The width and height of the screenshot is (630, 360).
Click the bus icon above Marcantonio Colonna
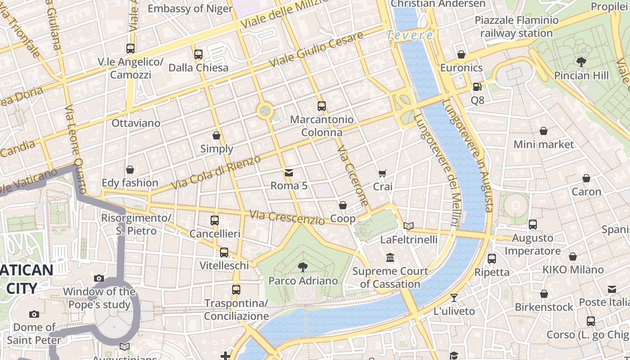coord(321,106)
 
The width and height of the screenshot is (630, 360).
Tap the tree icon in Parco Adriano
coord(303,267)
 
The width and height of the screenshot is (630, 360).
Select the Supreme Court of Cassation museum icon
coord(390,258)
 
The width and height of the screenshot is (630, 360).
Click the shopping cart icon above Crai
coord(382,173)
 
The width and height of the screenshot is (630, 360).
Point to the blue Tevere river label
coord(410,35)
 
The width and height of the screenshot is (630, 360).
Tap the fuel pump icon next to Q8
coord(477,86)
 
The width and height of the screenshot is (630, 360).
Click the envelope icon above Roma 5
coord(288,172)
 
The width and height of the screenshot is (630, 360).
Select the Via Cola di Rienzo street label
coord(216,172)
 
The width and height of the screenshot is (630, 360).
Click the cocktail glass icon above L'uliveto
coord(454,297)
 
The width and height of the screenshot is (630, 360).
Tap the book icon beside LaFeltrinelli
coord(409,226)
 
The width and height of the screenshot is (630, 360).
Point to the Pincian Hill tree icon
coord(581,62)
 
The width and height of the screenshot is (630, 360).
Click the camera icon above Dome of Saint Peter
coord(34,314)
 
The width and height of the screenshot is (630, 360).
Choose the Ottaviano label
coord(136,123)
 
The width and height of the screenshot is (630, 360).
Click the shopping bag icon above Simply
coord(216,135)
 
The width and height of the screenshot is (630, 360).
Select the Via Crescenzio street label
coord(287,218)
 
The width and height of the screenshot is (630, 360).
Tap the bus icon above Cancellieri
coord(215,220)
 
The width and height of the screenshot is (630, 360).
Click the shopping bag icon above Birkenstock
coord(544,294)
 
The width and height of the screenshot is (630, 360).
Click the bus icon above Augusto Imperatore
coord(533,224)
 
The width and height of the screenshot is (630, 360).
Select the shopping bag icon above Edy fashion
coord(130,170)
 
